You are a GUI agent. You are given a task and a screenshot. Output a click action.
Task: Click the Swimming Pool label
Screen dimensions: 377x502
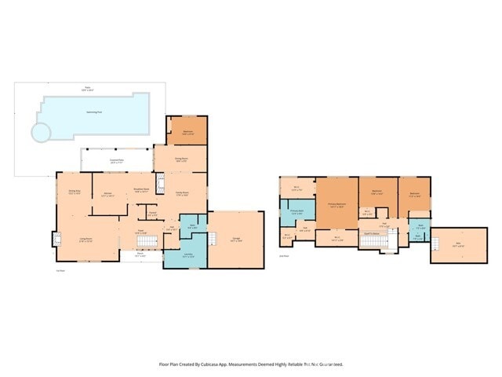click(x=96, y=112)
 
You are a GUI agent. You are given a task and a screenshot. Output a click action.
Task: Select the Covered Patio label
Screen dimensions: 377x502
click(x=116, y=161)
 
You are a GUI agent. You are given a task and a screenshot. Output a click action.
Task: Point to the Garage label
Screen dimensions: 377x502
click(x=237, y=238)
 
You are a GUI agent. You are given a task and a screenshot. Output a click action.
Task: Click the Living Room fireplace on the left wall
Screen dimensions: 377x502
click(x=56, y=238)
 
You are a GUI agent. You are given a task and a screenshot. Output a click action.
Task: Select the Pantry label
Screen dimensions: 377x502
click(x=153, y=213)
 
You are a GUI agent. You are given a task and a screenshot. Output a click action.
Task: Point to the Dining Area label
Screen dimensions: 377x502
click(x=75, y=192)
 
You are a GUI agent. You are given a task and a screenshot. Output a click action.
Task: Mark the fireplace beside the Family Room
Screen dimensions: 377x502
click(x=159, y=186)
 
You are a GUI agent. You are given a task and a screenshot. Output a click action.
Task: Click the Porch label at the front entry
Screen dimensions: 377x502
click(x=140, y=254)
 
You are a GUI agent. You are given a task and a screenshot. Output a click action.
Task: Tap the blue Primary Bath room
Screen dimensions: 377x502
click(x=295, y=212)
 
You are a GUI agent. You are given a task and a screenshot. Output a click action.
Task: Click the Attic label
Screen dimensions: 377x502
click(x=459, y=244)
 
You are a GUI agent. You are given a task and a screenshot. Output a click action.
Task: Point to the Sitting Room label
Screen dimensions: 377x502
click(x=181, y=160)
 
